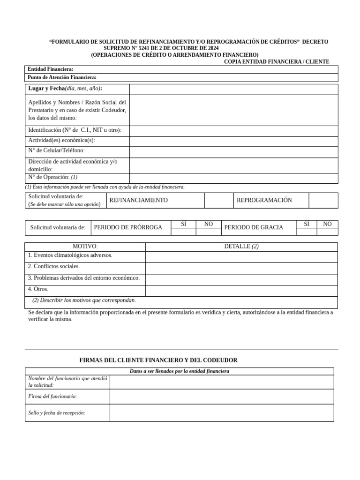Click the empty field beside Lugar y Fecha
coord(233,89)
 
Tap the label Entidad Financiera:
coord(51,69)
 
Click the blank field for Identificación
coord(233,131)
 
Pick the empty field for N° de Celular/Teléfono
coord(233,152)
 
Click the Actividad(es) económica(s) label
coord(61,140)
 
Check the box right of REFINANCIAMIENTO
coord(219,200)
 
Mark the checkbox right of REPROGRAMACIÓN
coord(323,200)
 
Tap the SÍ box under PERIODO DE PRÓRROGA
coord(183,231)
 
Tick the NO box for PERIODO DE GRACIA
coord(327,231)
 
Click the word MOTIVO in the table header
coord(85,247)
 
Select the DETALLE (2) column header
coord(241,247)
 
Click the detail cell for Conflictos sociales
coord(241,268)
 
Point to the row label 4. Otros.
coord(38,289)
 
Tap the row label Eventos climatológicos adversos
coord(70,255)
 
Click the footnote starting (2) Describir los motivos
coord(84,300)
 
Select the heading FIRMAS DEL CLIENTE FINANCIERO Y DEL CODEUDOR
coord(158,360)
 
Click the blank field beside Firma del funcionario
coord(222,397)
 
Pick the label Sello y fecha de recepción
coord(57,413)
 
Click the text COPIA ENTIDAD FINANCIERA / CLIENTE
coord(276,61)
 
